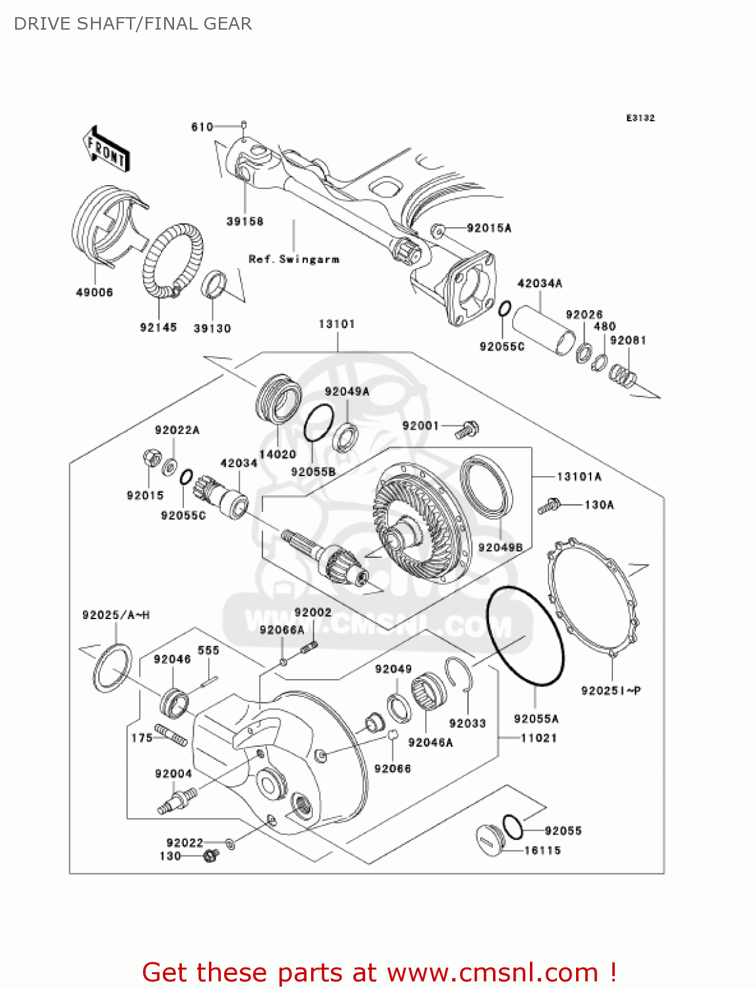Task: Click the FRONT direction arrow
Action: click(x=105, y=149)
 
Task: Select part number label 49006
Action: click(x=94, y=292)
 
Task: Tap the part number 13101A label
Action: click(x=579, y=477)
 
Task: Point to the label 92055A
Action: click(x=536, y=719)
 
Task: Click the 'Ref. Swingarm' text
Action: click(x=294, y=260)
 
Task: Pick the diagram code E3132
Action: click(x=640, y=118)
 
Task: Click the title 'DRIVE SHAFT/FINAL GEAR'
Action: click(x=133, y=24)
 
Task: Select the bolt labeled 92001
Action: click(x=468, y=429)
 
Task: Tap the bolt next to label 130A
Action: click(x=548, y=507)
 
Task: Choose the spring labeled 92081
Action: click(x=622, y=375)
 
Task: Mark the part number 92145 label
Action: click(x=158, y=327)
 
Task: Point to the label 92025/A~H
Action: click(x=116, y=615)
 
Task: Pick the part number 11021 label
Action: click(x=538, y=738)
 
